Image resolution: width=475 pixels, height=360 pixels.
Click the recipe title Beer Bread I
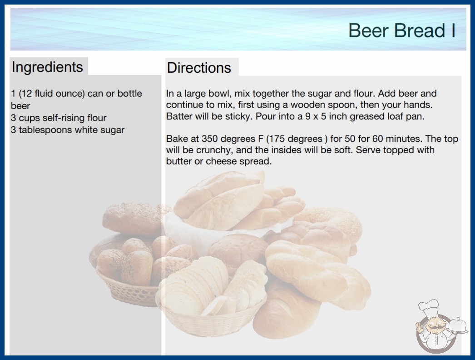point(402,30)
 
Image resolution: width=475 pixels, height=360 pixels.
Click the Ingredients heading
point(47,67)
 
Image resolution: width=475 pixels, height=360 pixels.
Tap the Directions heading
point(199,68)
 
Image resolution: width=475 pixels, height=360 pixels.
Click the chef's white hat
point(429,307)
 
